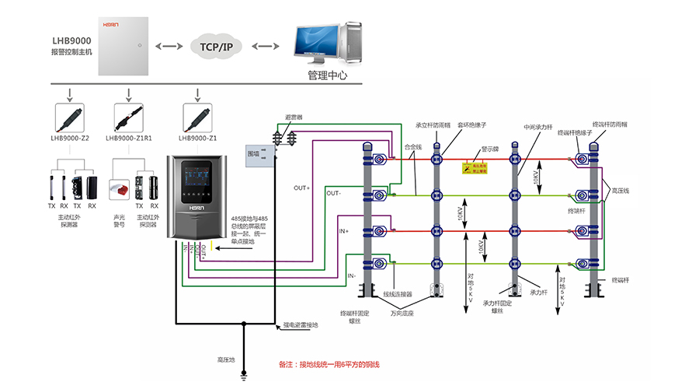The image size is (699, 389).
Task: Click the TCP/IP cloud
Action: pyautogui.click(x=217, y=47)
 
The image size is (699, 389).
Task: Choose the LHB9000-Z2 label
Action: pyautogui.click(x=69, y=138)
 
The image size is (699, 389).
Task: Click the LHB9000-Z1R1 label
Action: pyautogui.click(x=129, y=138)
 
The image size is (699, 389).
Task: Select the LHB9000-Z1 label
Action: pyautogui.click(x=198, y=138)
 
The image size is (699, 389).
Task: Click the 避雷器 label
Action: pyautogui.click(x=293, y=117)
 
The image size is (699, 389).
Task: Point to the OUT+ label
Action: pyautogui.click(x=301, y=188)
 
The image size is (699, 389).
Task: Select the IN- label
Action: pyautogui.click(x=352, y=275)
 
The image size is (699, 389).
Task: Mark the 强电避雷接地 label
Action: pyautogui.click(x=301, y=324)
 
